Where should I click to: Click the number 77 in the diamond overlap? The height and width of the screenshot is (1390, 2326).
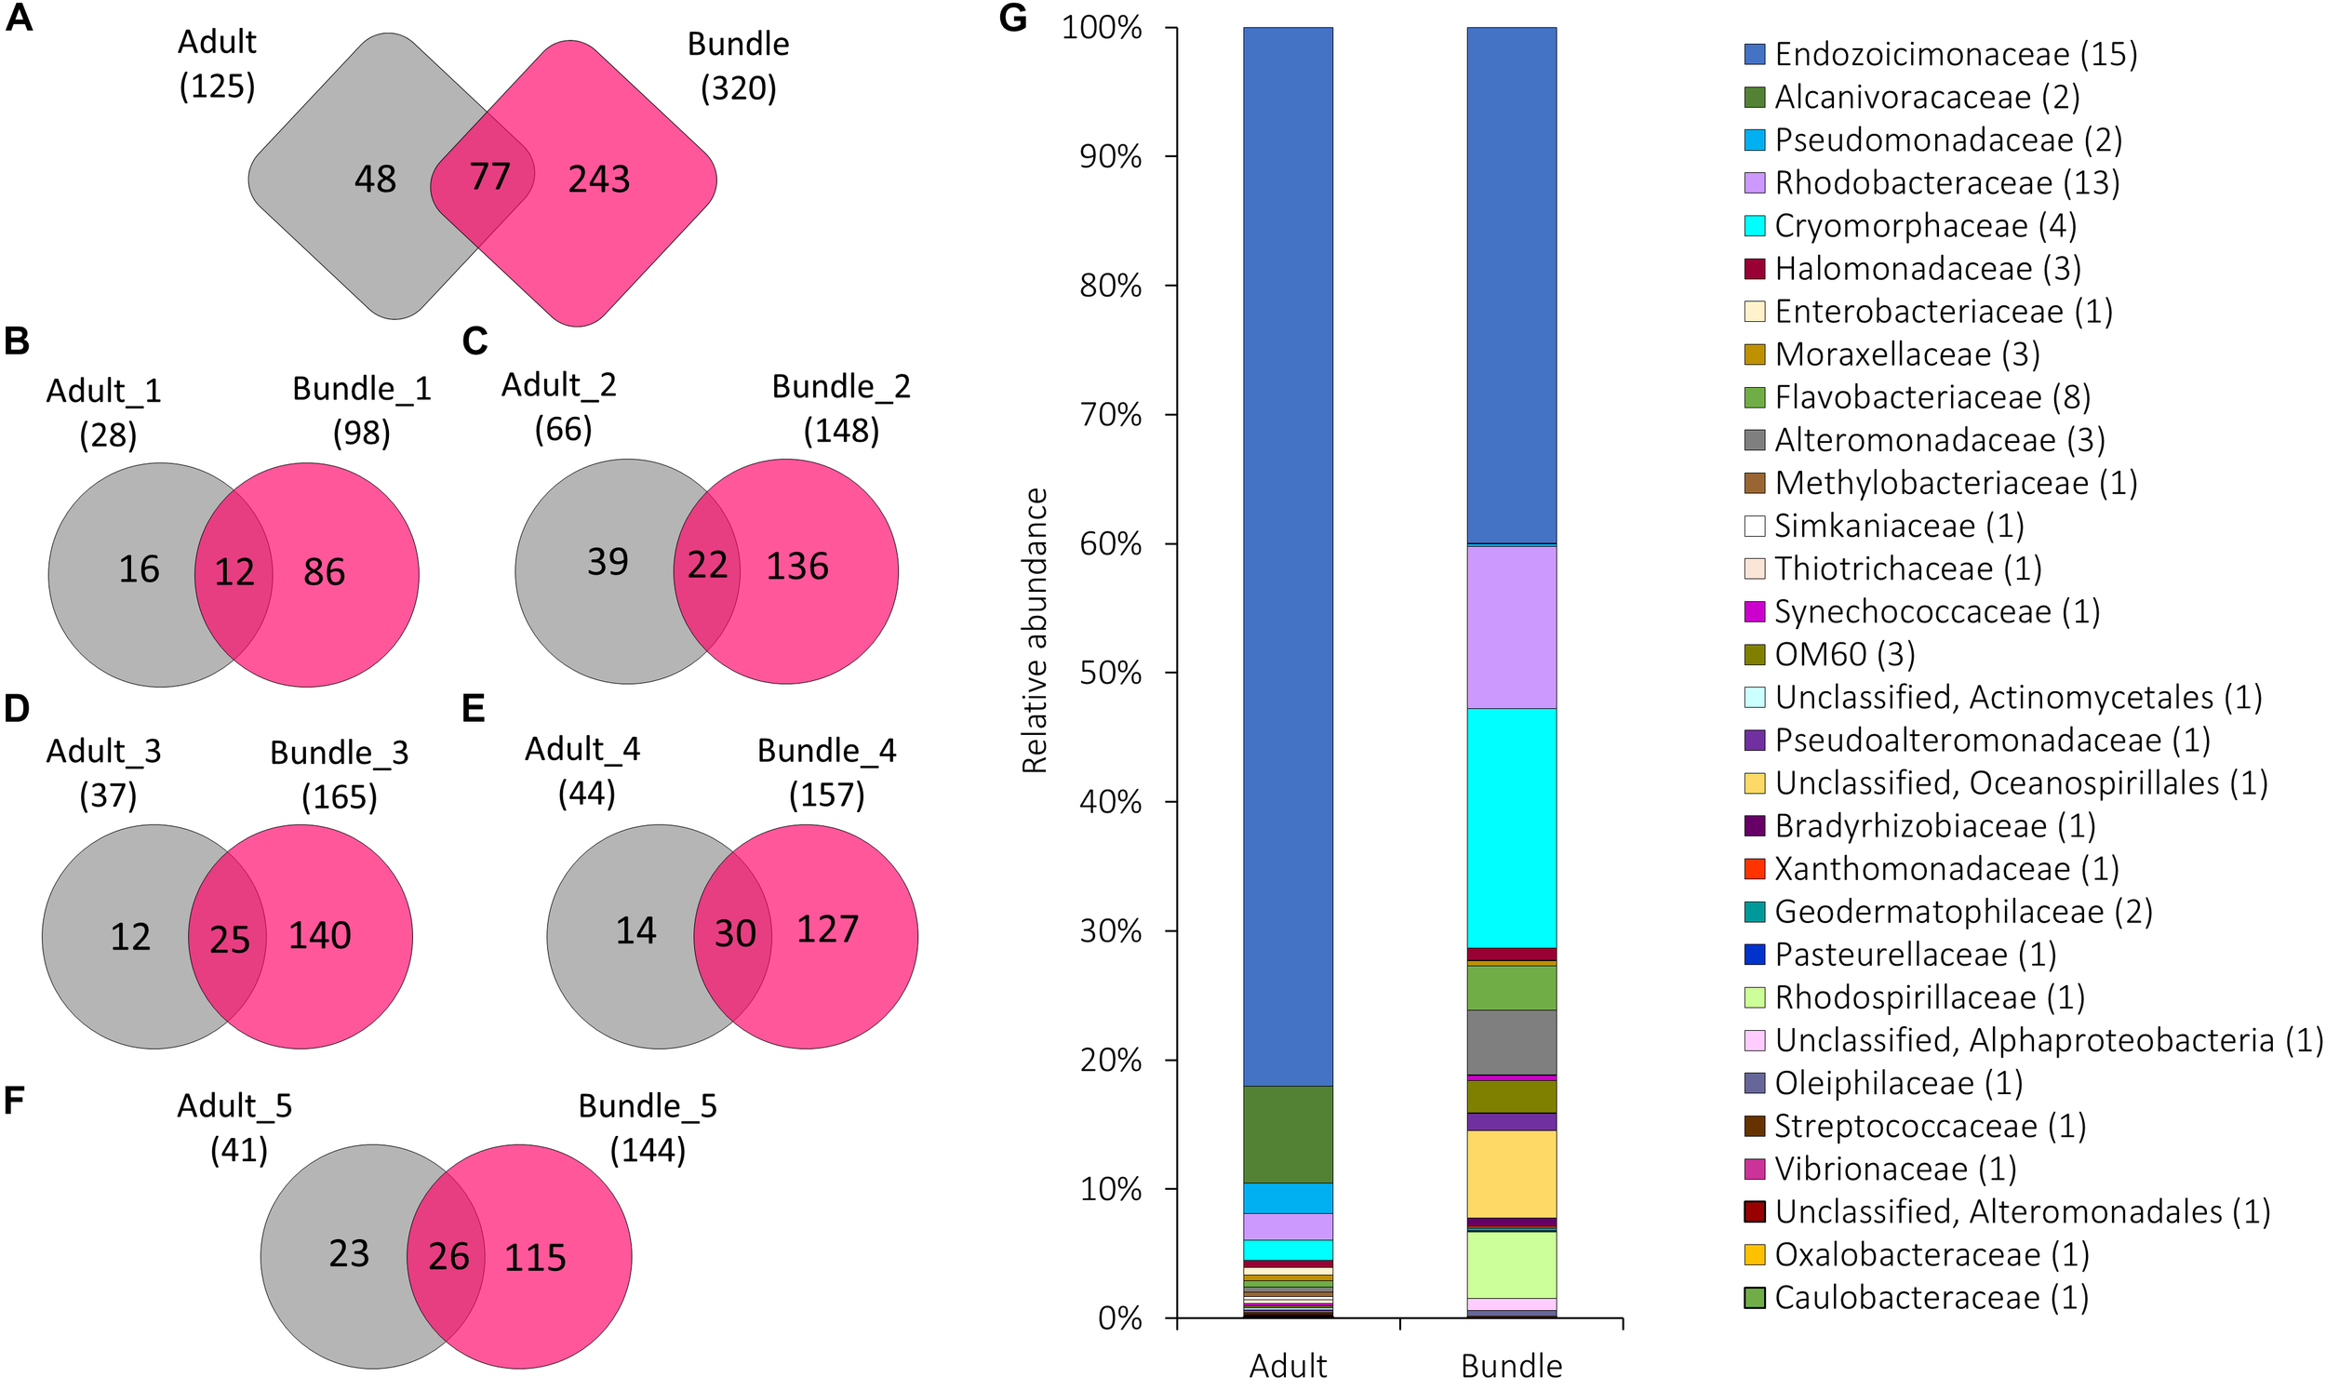489,176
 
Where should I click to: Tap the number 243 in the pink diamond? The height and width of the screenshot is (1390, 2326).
598,179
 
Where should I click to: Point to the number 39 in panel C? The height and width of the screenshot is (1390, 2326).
607,562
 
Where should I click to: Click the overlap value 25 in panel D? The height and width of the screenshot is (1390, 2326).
230,940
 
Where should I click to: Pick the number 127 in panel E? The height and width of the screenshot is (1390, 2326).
827,929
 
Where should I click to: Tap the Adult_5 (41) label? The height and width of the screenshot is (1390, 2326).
235,1127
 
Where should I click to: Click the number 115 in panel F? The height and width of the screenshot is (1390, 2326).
535,1257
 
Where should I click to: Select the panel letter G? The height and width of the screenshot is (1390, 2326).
1013,19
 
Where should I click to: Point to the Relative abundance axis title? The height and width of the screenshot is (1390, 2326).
1034,631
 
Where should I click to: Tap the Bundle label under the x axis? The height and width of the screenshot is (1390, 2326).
1510,1366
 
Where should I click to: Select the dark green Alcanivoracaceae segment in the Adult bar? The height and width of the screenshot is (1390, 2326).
1288,1133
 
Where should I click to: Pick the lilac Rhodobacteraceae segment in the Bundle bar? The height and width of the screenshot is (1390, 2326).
1510,627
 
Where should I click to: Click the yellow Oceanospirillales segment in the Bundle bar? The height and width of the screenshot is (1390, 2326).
1510,1173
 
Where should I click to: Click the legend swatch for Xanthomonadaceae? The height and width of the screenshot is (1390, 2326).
1755,868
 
